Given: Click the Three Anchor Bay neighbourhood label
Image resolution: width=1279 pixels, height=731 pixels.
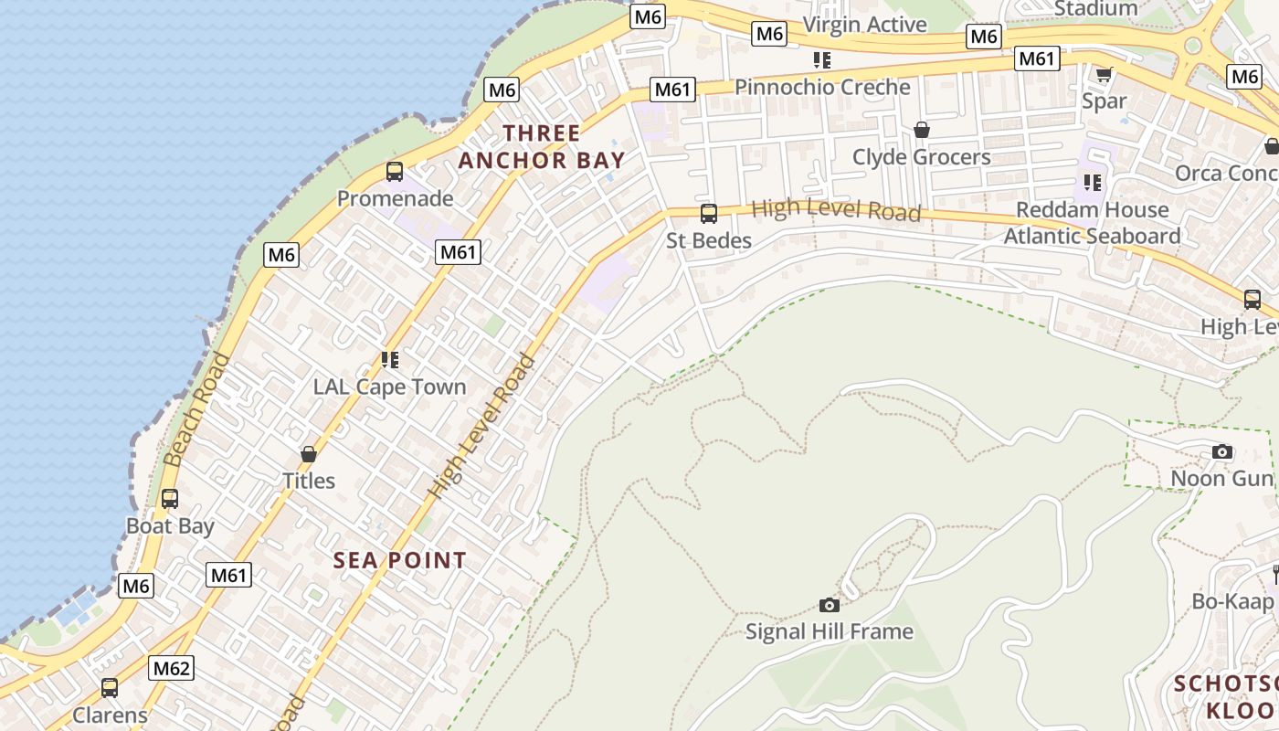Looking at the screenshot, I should pos(541,147).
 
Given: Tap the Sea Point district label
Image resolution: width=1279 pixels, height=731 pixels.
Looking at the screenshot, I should pos(399,560).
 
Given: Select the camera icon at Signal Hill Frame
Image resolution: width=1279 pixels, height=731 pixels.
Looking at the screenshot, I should pos(830,605).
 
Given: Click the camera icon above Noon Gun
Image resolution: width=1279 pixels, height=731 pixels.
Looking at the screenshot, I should pos(1221,451).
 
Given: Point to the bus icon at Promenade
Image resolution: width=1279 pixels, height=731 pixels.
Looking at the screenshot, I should pos(395,172).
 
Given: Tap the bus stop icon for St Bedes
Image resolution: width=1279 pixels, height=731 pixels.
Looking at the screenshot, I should pos(708,214).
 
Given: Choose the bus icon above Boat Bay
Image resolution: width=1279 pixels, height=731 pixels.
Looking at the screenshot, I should pos(170,499).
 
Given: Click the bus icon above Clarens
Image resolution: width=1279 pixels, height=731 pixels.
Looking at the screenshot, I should pos(110,687).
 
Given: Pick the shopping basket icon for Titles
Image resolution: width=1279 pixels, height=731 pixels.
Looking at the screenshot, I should pos(309,454).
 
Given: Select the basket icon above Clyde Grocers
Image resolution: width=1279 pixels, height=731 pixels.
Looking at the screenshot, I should pos(921,130).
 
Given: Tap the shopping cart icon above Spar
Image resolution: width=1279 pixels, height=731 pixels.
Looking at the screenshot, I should pos(1104,74).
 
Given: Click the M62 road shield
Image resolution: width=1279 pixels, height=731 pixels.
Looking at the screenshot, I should pos(172,668).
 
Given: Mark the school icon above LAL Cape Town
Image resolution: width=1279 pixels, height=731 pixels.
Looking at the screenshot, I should pos(390,360).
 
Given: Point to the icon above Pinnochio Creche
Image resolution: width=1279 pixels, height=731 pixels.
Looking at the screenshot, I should pos(822,60).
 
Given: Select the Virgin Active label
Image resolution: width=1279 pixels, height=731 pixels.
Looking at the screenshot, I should pos(864,25).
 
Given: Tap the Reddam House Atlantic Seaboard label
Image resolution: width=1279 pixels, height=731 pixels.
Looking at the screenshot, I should pos(1092,223).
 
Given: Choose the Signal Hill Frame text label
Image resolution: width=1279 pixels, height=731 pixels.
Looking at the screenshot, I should pos(829,631).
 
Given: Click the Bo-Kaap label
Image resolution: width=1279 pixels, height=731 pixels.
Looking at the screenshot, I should pos(1231,601).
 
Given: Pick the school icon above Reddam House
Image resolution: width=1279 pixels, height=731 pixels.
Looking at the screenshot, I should pos(1092,183).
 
